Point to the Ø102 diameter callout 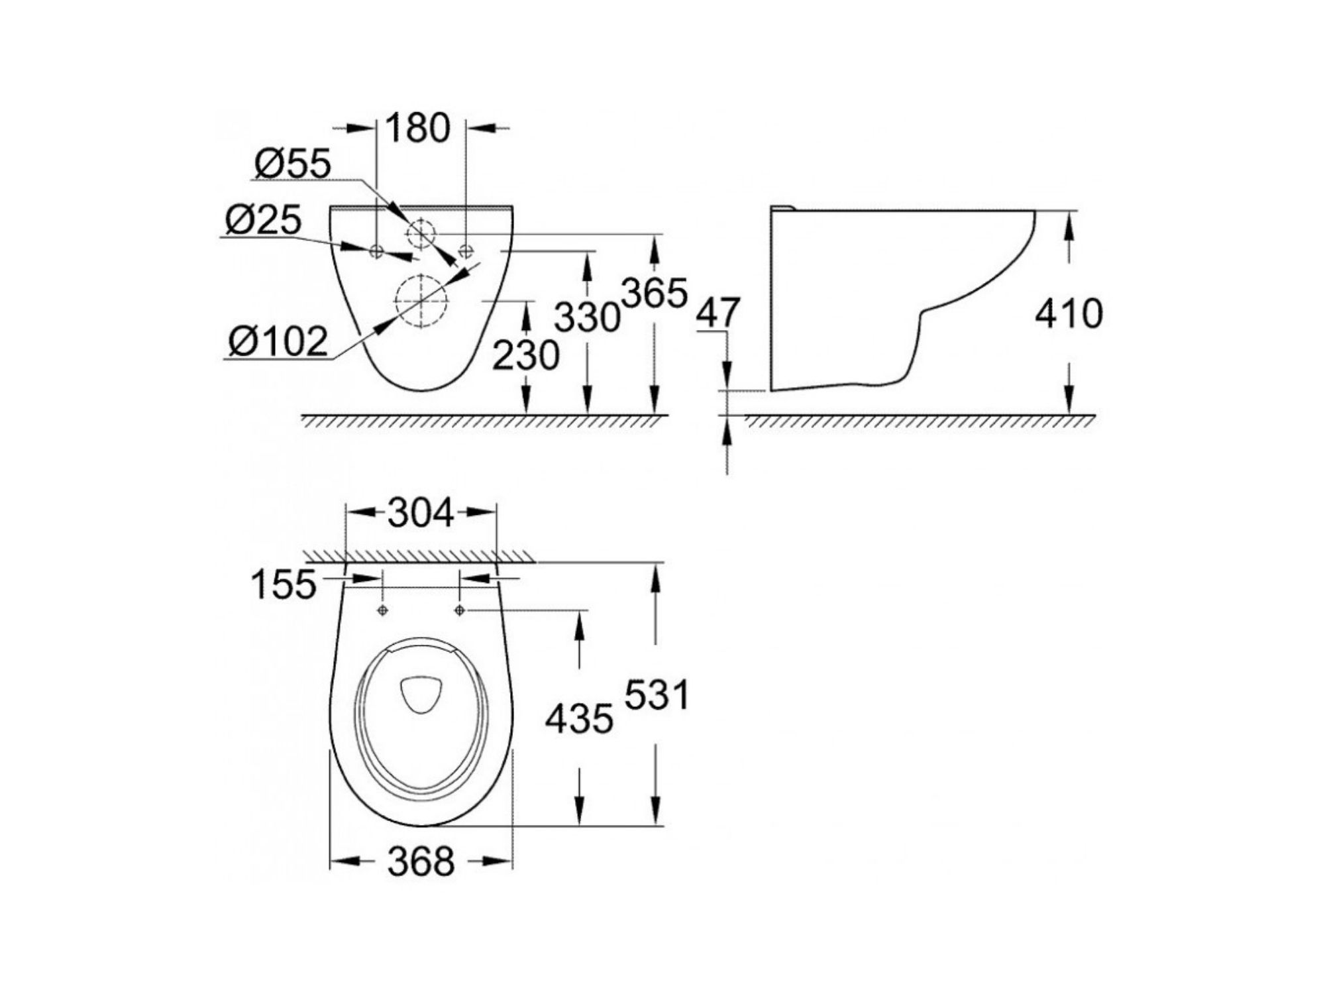coord(278,342)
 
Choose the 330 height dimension coord(587,317)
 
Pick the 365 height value coord(655,294)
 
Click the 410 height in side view coord(1069,313)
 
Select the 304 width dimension coord(421,513)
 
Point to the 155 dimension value coord(284,584)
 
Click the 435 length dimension coord(579,719)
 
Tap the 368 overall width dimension coord(421,861)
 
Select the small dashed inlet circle coord(407,233)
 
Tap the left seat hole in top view coord(382,610)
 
